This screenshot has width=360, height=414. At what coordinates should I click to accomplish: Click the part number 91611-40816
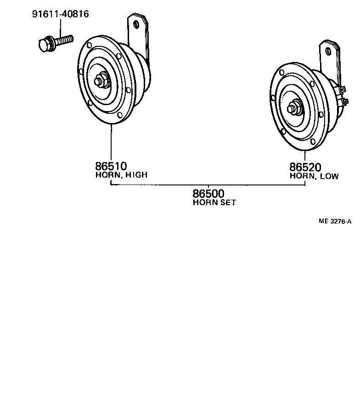point(60,14)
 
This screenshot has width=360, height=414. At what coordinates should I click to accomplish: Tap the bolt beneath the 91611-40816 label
point(55,43)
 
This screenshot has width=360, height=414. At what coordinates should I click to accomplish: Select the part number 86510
point(111,166)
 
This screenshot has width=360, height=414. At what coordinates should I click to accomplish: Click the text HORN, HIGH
point(122,175)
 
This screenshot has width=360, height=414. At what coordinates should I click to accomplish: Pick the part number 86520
point(305,168)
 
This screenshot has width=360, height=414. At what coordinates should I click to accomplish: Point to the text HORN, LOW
point(314,176)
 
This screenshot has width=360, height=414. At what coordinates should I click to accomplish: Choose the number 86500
point(208,194)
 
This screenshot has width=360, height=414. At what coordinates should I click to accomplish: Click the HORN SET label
point(214,202)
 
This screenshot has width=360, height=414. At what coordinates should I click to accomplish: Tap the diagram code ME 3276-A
point(335,221)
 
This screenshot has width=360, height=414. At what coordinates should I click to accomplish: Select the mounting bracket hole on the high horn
point(136,24)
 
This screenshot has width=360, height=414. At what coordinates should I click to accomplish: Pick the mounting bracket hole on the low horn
point(328,50)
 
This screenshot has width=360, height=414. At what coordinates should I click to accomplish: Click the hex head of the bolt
point(45,45)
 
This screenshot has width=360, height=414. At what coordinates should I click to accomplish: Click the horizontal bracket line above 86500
point(208,185)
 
